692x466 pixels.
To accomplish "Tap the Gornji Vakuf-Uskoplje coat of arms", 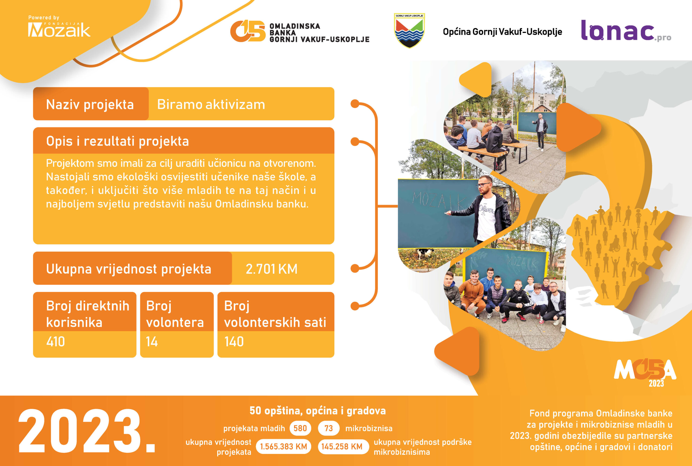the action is click(410, 30).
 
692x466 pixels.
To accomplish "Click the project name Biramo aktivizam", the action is click(211, 104).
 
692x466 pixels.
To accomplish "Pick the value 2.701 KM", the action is click(271, 269).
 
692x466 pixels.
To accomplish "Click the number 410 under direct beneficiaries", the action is click(56, 341).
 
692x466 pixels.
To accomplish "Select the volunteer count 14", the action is click(152, 341).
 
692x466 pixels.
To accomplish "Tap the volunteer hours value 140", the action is click(234, 341).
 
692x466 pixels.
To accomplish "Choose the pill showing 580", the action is click(300, 428).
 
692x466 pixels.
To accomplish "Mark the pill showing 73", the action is click(328, 428).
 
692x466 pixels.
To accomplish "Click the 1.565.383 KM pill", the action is click(283, 446).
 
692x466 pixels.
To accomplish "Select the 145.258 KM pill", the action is click(342, 446).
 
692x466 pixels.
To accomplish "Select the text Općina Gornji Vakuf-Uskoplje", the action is click(502, 32).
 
